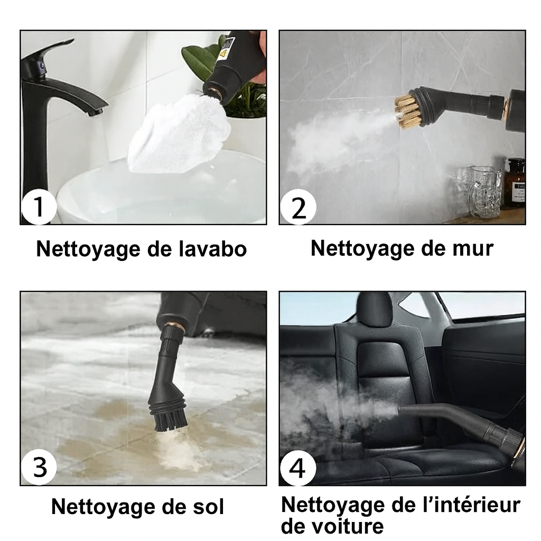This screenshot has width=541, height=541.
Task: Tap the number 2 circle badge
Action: coord(299,207)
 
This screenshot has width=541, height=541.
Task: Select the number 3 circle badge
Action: coord(39,467)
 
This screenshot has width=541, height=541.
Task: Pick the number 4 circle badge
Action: coord(298,468)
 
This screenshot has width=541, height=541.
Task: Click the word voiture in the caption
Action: coord(333,526)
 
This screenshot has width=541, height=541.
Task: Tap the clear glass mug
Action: coord(484,191)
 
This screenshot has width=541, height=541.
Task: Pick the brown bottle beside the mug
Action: coord(515,182)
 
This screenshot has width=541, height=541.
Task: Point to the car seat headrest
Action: coord(374,309)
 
